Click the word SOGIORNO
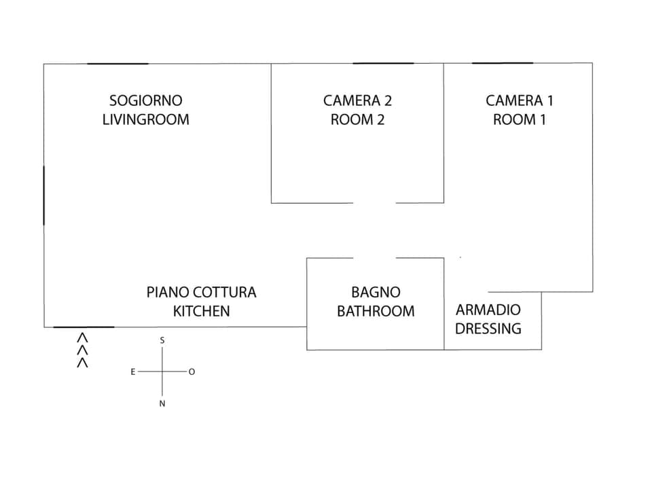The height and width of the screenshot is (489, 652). (x=146, y=101)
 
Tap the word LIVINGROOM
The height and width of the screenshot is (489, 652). (x=146, y=120)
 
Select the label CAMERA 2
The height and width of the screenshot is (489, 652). (x=357, y=101)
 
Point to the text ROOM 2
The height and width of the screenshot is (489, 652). (x=357, y=120)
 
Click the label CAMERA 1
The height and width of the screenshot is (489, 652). (x=520, y=101)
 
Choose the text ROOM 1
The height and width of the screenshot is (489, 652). (x=520, y=120)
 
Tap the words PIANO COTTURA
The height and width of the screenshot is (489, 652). (x=202, y=293)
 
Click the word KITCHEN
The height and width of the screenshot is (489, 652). (x=202, y=311)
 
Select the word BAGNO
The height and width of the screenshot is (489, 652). (x=376, y=293)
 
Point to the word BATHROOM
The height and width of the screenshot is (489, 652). (x=376, y=311)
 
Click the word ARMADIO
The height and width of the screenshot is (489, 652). (x=488, y=310)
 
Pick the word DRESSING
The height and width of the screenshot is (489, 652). (x=488, y=329)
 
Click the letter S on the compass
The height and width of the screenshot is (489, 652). (x=162, y=340)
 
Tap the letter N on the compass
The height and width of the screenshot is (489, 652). (x=162, y=403)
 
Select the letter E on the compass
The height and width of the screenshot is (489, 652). (x=133, y=372)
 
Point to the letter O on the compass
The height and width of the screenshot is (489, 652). (x=192, y=372)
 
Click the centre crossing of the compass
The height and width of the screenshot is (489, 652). (x=162, y=372)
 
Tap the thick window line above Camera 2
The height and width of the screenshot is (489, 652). (x=383, y=63)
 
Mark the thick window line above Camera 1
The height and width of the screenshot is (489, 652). (x=503, y=63)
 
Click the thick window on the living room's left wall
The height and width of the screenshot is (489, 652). (x=44, y=195)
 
